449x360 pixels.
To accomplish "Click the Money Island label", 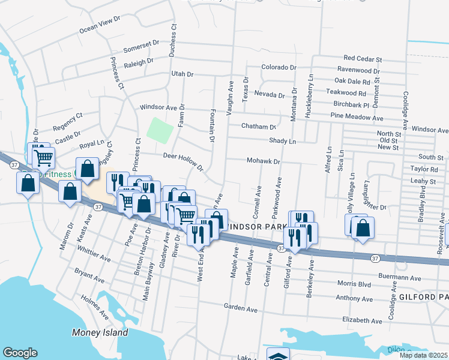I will pyautogui.click(x=100, y=332).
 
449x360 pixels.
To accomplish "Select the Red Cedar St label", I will pyautogui.click(x=363, y=59).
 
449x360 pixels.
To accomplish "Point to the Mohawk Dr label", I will pyautogui.click(x=264, y=161).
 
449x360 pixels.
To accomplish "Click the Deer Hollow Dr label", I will pyautogui.click(x=184, y=160).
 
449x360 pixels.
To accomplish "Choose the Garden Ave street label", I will pyautogui.click(x=240, y=308).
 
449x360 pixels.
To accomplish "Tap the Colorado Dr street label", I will pyautogui.click(x=279, y=67).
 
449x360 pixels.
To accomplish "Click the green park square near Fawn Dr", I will pyautogui.click(x=160, y=130).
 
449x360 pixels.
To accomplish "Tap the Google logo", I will pyautogui.click(x=20, y=353).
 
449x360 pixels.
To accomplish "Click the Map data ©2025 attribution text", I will pyautogui.click(x=423, y=355).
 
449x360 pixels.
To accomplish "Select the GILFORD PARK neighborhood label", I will pyautogui.click(x=423, y=297).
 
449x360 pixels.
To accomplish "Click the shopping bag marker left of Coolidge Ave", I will pyautogui.click(x=362, y=228).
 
